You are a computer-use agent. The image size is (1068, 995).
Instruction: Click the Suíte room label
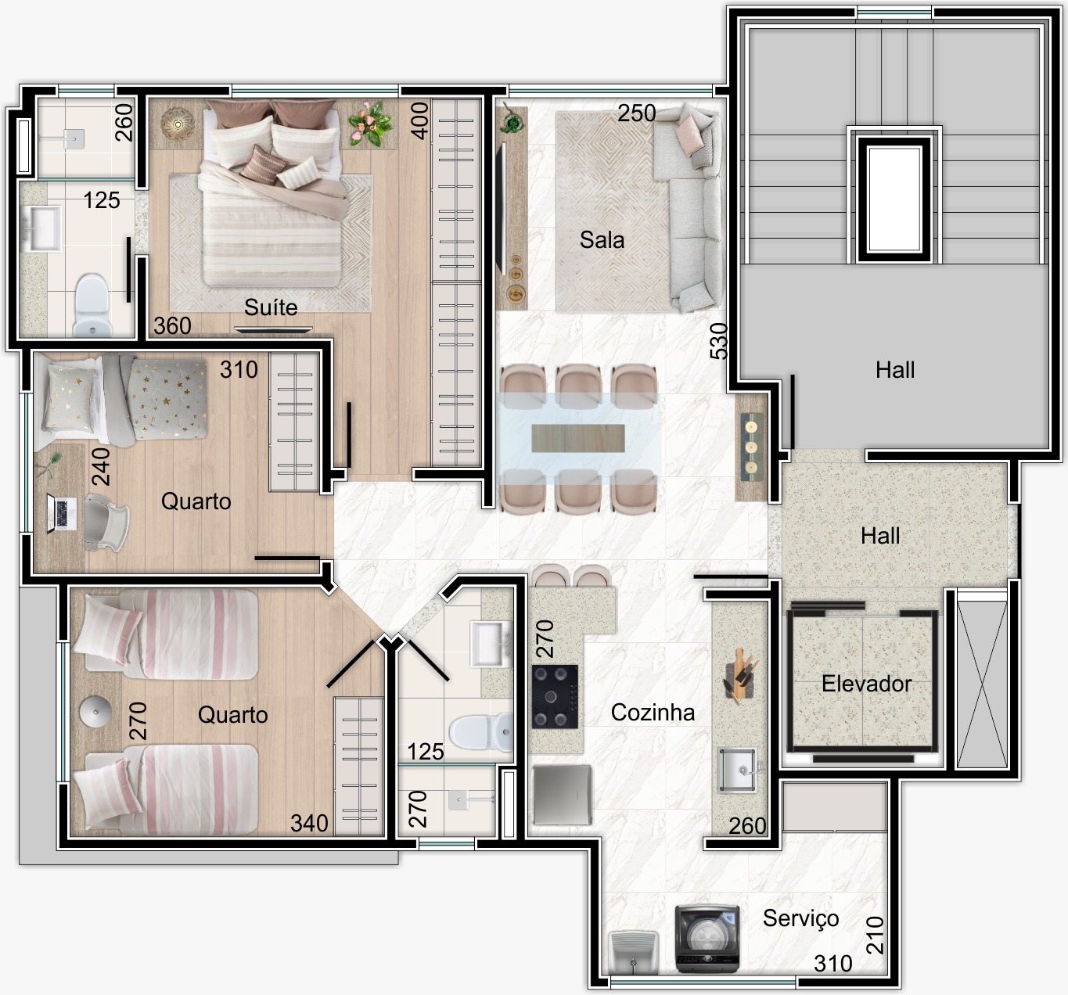coord(271,307)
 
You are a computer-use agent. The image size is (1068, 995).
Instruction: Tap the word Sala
coord(602,240)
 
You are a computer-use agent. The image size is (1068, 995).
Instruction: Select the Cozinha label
coord(653,713)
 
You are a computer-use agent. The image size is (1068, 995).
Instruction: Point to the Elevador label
coord(866,684)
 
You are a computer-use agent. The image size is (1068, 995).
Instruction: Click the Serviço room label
coord(800,919)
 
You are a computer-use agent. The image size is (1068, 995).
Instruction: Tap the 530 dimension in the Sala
coord(719,341)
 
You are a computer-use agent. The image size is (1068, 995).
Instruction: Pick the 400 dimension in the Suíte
coord(420,121)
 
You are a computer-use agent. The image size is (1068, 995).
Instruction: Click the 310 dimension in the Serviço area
coord(833,964)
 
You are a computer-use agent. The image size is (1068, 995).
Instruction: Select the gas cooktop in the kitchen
coord(555,697)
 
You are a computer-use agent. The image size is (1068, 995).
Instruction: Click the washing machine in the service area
coord(707,939)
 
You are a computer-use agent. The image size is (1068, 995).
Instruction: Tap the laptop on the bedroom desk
coord(61,514)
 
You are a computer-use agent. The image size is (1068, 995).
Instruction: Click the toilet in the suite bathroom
coord(92,306)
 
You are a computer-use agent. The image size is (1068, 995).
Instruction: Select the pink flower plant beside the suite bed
coord(370,124)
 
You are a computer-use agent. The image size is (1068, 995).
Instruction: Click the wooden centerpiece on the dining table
coord(578,438)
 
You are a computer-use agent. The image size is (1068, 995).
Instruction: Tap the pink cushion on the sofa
coord(689,135)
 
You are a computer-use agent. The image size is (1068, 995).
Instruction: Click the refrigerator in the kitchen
coord(562,795)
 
